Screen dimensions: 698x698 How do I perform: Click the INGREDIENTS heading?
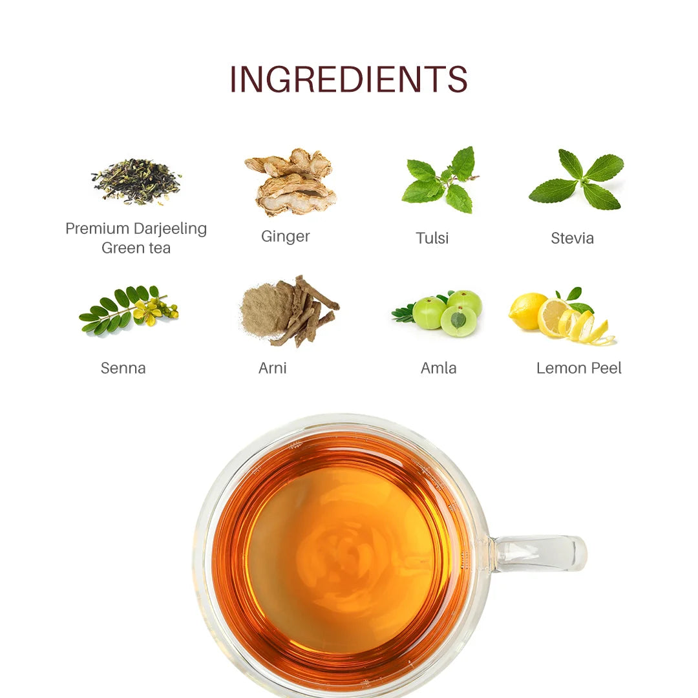click(x=348, y=80)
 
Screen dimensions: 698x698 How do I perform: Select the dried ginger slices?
click(x=292, y=182)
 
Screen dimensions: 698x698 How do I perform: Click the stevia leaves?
click(x=578, y=180)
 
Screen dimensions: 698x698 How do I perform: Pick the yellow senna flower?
click(x=148, y=312)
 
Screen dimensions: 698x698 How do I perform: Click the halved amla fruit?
click(x=458, y=321)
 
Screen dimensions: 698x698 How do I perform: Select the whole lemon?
click(x=527, y=310)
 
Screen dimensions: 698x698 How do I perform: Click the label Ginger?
click(x=286, y=237)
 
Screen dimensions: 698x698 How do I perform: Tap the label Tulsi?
click(x=432, y=238)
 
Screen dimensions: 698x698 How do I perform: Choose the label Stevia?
click(x=572, y=238)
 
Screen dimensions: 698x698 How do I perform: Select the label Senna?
click(x=123, y=368)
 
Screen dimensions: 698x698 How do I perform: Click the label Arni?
click(x=272, y=368)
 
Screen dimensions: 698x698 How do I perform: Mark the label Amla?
click(x=438, y=368)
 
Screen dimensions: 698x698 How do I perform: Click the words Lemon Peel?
click(x=579, y=368)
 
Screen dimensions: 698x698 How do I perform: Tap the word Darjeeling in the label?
click(x=171, y=229)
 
